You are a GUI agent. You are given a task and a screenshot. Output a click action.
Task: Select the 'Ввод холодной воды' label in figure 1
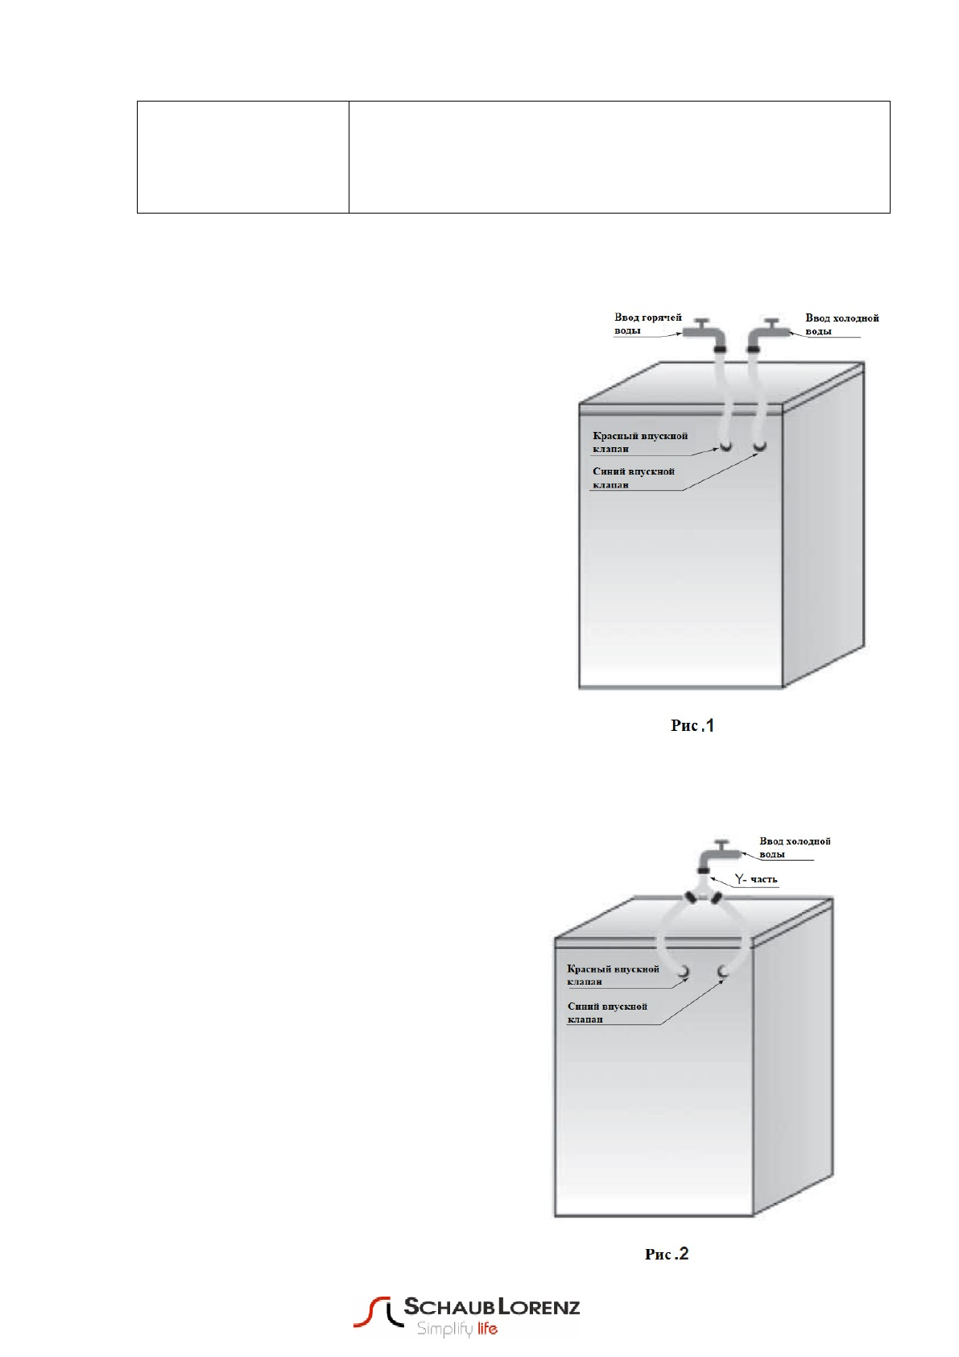841,324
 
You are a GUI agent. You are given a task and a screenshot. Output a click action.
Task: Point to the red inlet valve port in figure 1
726,446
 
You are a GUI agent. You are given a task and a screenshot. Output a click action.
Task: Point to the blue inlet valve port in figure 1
759,446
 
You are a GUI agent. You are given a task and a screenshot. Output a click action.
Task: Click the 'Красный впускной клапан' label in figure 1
640,442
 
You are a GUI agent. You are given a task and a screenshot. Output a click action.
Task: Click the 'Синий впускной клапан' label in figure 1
633,478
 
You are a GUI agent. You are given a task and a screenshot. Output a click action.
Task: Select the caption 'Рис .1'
692,726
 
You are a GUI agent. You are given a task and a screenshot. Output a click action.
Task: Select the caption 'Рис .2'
668,1254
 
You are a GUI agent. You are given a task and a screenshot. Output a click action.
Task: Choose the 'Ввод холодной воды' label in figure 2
794,847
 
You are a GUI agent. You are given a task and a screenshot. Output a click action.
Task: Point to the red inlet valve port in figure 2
684,972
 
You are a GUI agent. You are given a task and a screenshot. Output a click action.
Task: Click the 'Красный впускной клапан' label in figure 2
613,975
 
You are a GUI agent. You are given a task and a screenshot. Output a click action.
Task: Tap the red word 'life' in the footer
486,1330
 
